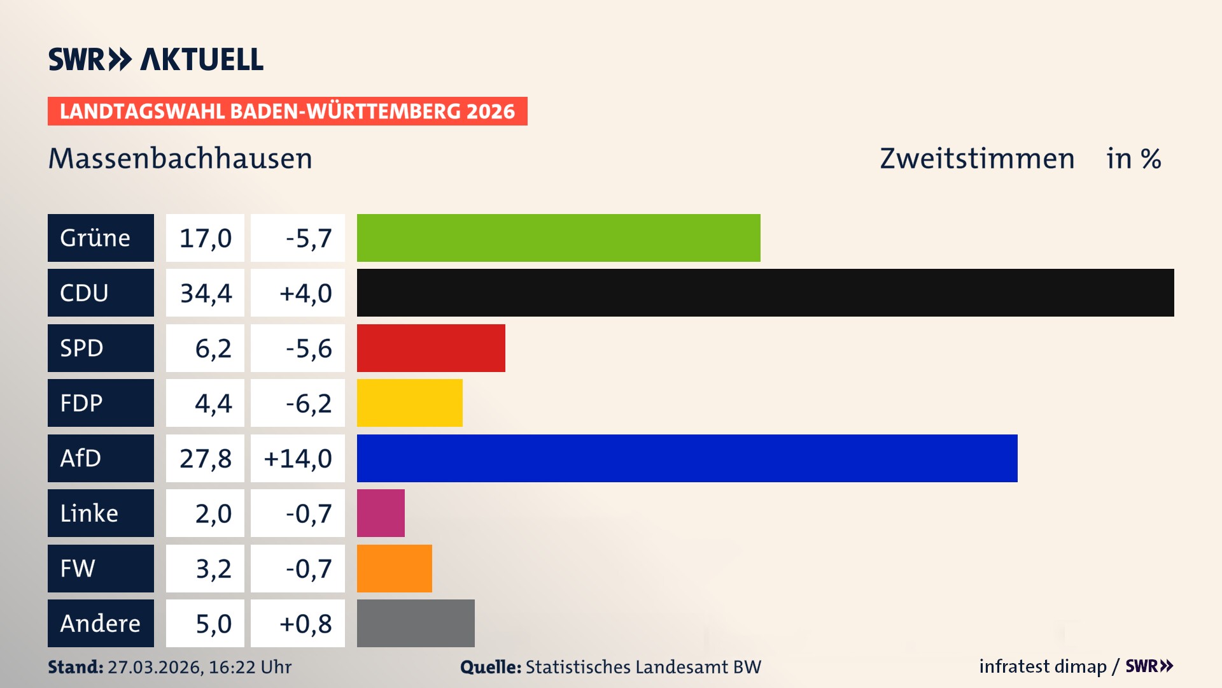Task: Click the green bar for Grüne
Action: tap(558, 238)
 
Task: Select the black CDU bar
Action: tap(765, 292)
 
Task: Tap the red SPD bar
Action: tap(431, 348)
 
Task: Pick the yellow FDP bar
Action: tap(409, 403)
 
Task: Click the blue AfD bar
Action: tap(687, 458)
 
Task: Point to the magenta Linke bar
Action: tap(381, 513)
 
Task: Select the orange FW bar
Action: tap(394, 568)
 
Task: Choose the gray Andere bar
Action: tap(416, 623)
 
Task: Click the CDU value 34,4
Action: tap(205, 293)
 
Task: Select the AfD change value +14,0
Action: tap(297, 458)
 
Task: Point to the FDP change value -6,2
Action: tap(308, 403)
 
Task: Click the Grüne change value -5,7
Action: tap(308, 238)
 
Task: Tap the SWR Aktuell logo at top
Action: tap(155, 59)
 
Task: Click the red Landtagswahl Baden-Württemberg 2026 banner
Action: tap(287, 111)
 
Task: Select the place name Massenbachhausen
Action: tap(180, 159)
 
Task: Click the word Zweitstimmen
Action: tap(976, 159)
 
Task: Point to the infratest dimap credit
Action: tap(1042, 666)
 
